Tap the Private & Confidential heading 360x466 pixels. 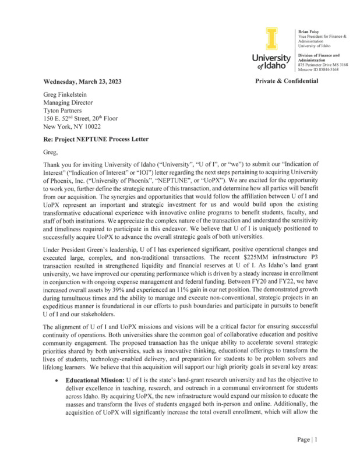[287, 81]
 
